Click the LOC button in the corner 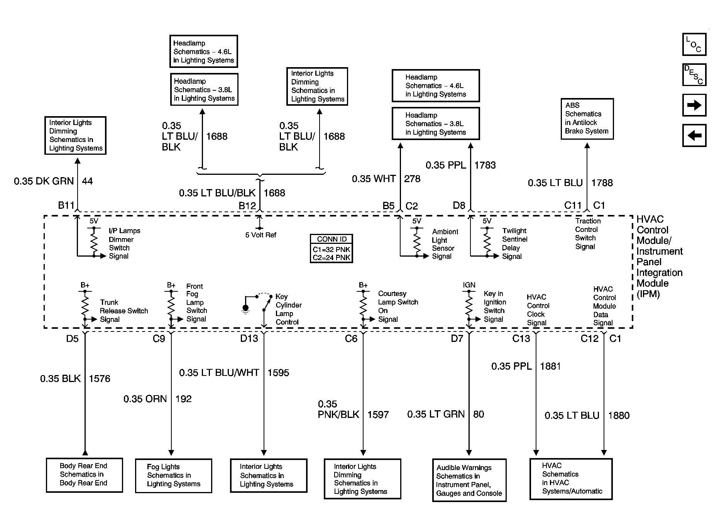pyautogui.click(x=694, y=44)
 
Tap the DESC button pyautogui.click(x=694, y=74)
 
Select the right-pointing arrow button pyautogui.click(x=694, y=105)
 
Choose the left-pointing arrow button pyautogui.click(x=694, y=135)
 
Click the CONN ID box pyautogui.click(x=332, y=249)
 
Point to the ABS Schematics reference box pyautogui.click(x=587, y=118)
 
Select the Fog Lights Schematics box pyautogui.click(x=173, y=475)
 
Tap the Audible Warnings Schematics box pyautogui.click(x=469, y=480)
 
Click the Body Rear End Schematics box pyautogui.click(x=84, y=475)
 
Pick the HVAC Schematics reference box pyautogui.click(x=571, y=479)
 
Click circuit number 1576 pyautogui.click(x=100, y=379)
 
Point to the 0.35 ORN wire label pyautogui.click(x=145, y=399)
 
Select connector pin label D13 pyautogui.click(x=249, y=338)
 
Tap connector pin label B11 pyautogui.click(x=66, y=205)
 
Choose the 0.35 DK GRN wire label pyautogui.click(x=44, y=181)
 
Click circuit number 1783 pyautogui.click(x=485, y=165)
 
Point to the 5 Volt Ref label pyautogui.click(x=261, y=235)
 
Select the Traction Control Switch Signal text pyautogui.click(x=588, y=233)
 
